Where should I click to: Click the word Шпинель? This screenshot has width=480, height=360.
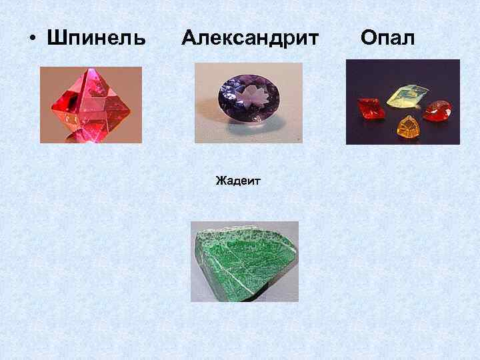coord(96,38)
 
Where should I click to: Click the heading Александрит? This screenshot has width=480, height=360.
coord(250,38)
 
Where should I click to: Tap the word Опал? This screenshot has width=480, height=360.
coord(387,38)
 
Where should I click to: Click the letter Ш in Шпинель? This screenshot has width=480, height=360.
coord(55,38)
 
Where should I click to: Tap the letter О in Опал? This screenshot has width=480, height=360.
coord(368,38)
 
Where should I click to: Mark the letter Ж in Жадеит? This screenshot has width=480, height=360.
coord(219,180)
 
